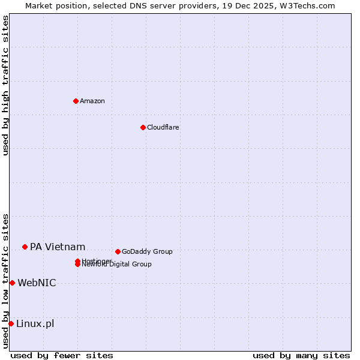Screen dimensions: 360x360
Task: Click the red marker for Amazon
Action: [x=76, y=101]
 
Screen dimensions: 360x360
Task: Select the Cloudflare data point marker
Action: [x=143, y=127]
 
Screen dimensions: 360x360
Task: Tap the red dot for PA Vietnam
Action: [x=25, y=247]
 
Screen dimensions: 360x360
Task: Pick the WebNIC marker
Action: [x=12, y=283]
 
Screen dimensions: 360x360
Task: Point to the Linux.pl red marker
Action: [x=11, y=324]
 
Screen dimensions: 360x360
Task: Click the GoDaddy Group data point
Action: [x=118, y=251]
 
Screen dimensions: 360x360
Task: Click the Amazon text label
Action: [x=92, y=101]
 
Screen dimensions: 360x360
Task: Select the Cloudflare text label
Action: [x=163, y=127]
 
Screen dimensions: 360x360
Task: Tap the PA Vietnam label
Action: [x=58, y=247]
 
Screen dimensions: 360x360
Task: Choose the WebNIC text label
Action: [x=37, y=283]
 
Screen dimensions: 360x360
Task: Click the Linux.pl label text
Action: [x=35, y=324]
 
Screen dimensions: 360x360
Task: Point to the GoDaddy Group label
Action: [x=147, y=251]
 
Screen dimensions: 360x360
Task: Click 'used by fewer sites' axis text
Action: [x=62, y=355]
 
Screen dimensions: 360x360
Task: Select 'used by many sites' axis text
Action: [x=301, y=355]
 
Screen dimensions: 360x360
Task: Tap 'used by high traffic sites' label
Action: [x=5, y=85]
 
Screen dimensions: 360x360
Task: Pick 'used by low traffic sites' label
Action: [x=5, y=281]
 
